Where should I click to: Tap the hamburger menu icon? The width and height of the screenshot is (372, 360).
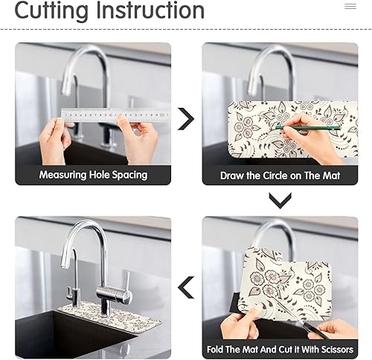(x=350, y=6)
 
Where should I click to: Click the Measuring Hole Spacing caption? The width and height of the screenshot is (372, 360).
(x=93, y=176)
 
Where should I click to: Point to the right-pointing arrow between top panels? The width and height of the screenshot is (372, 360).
(x=186, y=118)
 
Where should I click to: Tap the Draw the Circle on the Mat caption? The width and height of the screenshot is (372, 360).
(x=280, y=176)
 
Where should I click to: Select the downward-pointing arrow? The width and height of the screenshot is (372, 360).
(x=280, y=199)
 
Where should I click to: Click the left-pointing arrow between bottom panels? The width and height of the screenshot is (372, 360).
(x=186, y=286)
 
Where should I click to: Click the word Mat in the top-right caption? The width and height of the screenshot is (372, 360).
(x=327, y=176)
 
